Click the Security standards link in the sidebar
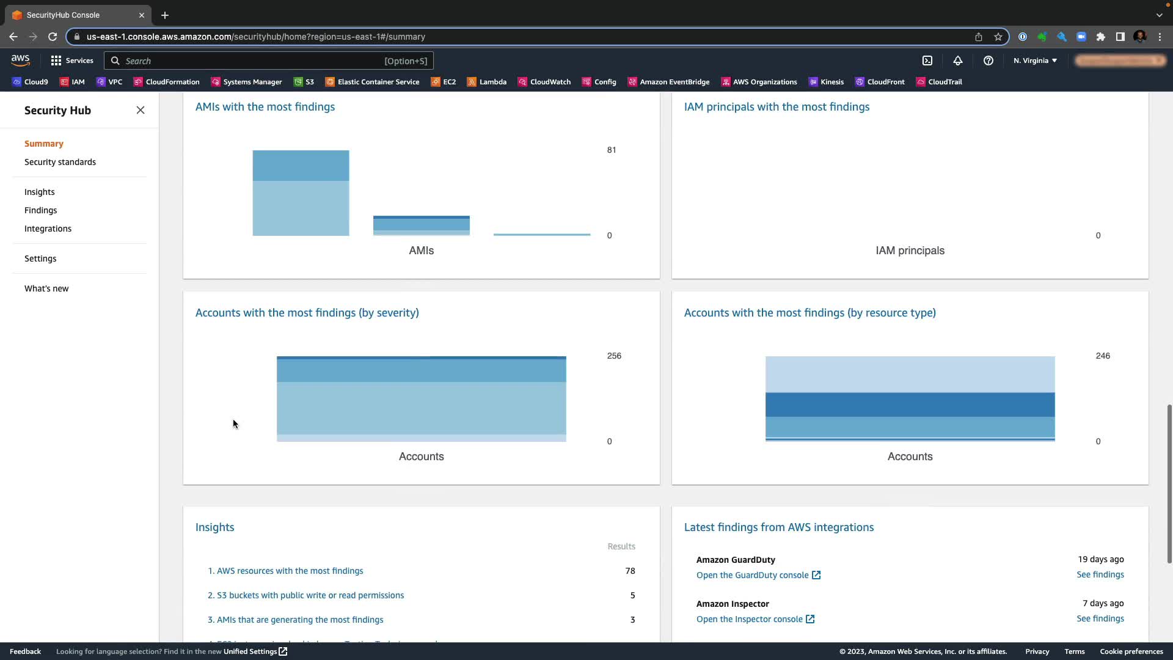(60, 162)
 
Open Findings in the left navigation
(40, 210)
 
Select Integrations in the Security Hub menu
(48, 229)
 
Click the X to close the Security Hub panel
(141, 110)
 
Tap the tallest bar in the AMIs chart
(301, 193)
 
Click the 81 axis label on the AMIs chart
(611, 150)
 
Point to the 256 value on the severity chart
(614, 356)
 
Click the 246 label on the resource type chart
(1102, 356)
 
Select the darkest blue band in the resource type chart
(910, 405)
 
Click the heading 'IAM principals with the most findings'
(777, 107)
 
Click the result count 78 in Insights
(630, 571)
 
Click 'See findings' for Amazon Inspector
(1100, 618)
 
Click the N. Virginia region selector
(1035, 61)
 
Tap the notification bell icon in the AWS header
(957, 61)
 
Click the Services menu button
(72, 61)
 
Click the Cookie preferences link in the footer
(1131, 651)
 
